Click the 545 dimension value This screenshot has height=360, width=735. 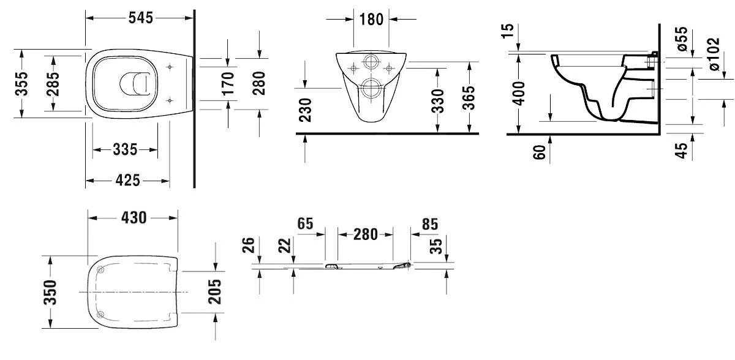pyautogui.click(x=141, y=18)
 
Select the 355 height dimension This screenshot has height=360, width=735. pyautogui.click(x=21, y=84)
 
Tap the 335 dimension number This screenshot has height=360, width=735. pyautogui.click(x=125, y=149)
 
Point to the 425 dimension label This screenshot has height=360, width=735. pyautogui.click(x=127, y=181)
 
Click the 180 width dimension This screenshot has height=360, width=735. pyautogui.click(x=371, y=20)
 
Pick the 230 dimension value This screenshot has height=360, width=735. pyautogui.click(x=305, y=110)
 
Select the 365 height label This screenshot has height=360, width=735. pyautogui.click(x=468, y=98)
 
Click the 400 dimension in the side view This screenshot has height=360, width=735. pyautogui.click(x=519, y=94)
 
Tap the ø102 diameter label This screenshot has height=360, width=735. pyautogui.click(x=714, y=54)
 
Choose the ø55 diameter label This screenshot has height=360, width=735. pyautogui.click(x=682, y=39)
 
